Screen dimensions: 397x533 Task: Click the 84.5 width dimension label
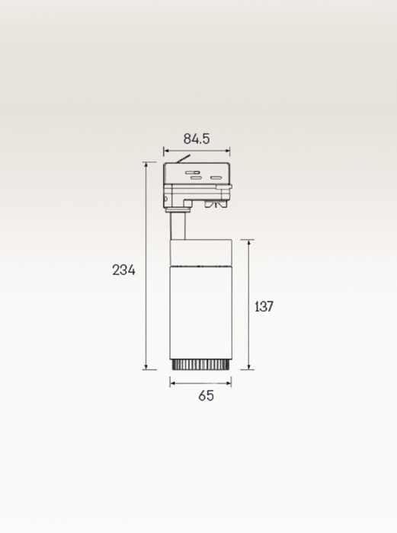(197, 139)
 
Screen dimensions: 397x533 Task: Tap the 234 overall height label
(123, 270)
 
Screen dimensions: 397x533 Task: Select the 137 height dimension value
(264, 306)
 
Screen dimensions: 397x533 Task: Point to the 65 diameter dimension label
(207, 396)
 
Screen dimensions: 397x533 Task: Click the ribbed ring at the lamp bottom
(200, 365)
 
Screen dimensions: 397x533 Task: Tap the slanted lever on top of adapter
(183, 158)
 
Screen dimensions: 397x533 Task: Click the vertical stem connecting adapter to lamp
(178, 226)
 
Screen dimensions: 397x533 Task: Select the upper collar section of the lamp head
(200, 253)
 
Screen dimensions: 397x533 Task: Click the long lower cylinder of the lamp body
(200, 312)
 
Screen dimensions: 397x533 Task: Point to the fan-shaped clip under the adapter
(216, 204)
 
